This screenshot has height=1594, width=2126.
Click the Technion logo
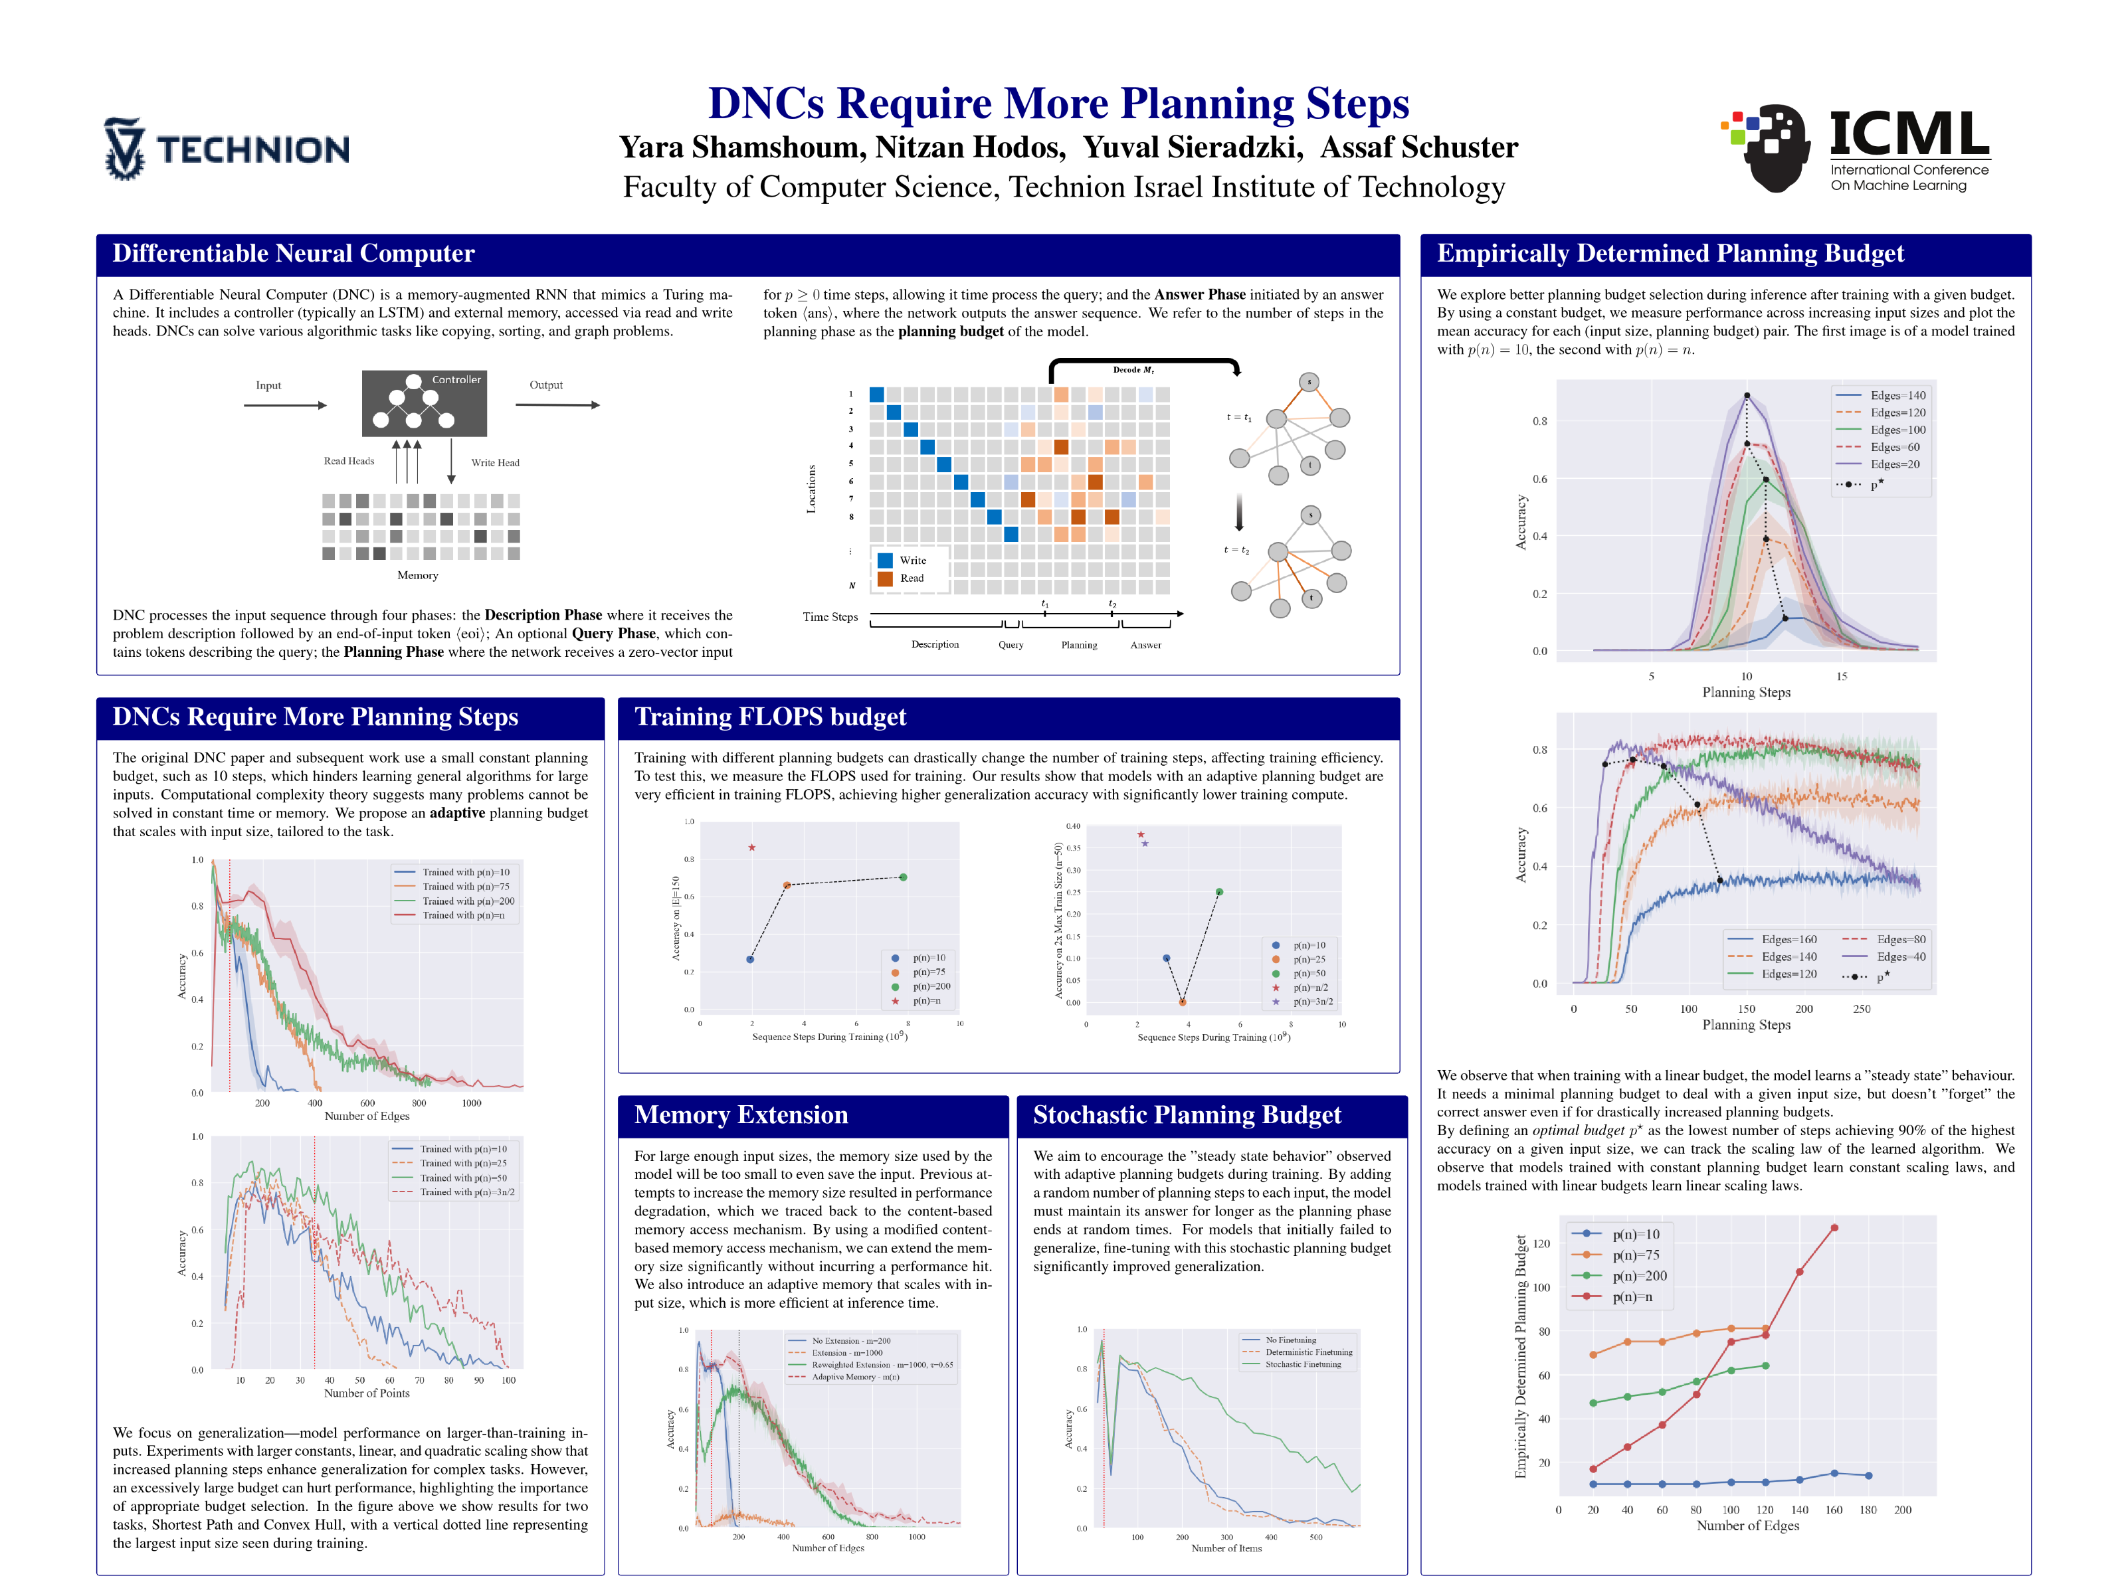227,149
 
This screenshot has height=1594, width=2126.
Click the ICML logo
1855,149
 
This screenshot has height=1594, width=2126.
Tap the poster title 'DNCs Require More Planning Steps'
1058,103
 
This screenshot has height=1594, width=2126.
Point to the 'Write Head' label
495,462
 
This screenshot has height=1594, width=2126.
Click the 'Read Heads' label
349,461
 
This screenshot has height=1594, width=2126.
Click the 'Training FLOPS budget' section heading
770,717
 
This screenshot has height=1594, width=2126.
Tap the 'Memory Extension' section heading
741,1114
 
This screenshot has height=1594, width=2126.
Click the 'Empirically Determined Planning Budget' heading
1670,252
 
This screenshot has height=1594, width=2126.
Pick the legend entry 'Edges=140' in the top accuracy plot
1896,396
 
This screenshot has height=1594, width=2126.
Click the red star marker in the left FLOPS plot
751,847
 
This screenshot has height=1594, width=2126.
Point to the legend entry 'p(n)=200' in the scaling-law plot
1639,1276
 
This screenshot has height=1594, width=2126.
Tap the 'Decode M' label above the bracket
1133,370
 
